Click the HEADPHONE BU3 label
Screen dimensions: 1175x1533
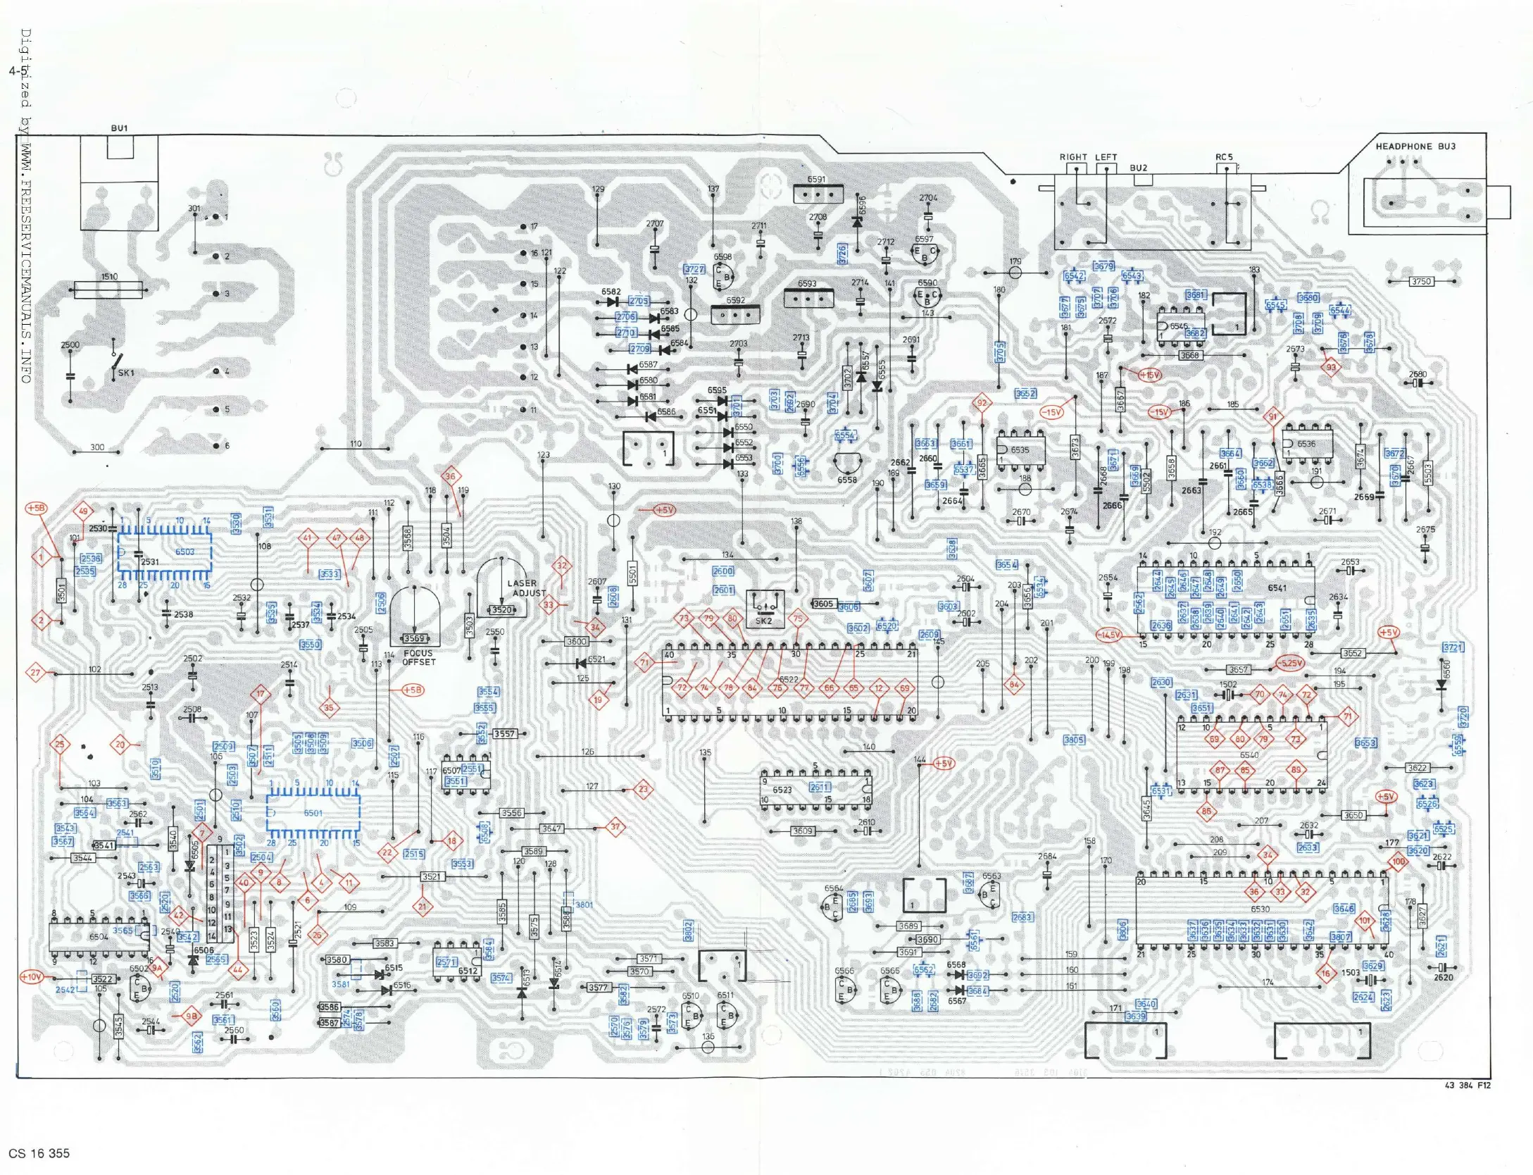(1415, 147)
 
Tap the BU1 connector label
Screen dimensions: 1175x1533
(119, 128)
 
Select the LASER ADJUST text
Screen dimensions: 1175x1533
(525, 588)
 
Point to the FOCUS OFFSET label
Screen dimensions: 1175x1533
(419, 657)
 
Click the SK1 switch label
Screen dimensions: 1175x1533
(126, 373)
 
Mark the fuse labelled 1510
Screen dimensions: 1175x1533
(109, 287)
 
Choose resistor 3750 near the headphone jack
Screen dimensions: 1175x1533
(1421, 282)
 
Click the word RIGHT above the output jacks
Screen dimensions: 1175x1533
(1073, 157)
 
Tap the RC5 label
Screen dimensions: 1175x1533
(1224, 157)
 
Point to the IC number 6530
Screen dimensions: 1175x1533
(1260, 909)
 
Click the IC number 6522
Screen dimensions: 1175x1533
(789, 680)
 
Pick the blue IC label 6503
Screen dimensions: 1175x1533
(184, 552)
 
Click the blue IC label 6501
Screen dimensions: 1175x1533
(313, 813)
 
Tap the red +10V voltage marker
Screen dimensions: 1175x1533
(32, 977)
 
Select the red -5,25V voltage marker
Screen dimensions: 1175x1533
(1290, 663)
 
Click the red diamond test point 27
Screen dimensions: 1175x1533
(35, 672)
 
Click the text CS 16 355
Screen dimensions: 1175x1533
(39, 1153)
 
